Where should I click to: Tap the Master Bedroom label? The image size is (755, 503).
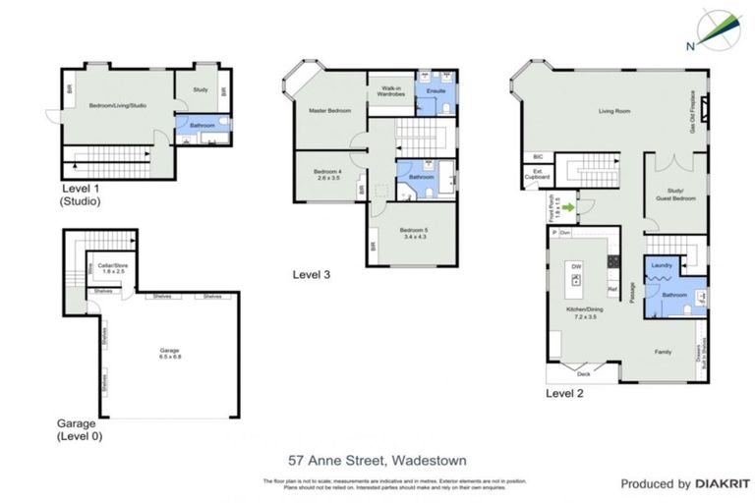331,110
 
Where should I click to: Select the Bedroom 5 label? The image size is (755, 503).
414,234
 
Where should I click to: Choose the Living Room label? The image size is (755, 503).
614,110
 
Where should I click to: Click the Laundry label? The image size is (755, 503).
662,264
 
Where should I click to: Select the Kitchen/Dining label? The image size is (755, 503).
582,313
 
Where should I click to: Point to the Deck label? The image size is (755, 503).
583,374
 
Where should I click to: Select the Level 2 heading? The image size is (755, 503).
564,394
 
